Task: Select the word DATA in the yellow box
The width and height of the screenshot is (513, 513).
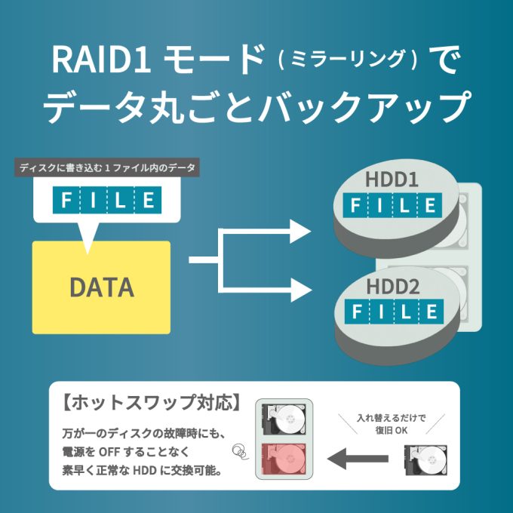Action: click(x=101, y=287)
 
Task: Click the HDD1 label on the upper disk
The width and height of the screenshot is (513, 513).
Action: click(x=392, y=181)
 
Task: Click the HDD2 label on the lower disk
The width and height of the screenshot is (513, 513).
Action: click(x=392, y=287)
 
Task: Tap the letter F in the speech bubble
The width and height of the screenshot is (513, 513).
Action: click(x=66, y=200)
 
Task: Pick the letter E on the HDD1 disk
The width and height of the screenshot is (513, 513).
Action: click(x=430, y=205)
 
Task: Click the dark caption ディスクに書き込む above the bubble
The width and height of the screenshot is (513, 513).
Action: click(x=107, y=167)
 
